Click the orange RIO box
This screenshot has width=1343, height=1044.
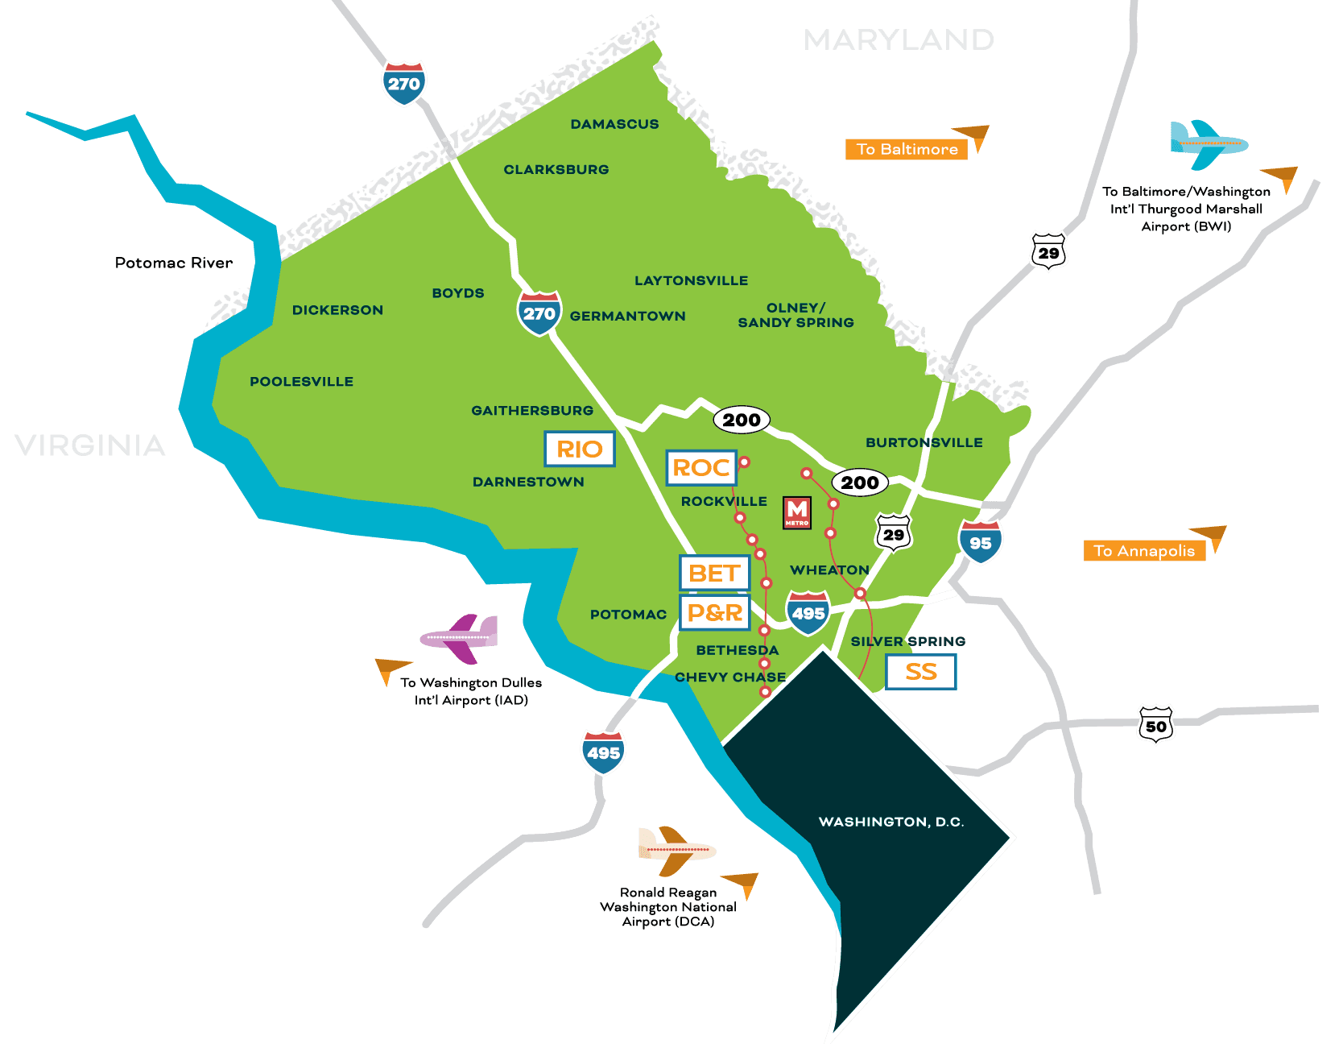(x=580, y=449)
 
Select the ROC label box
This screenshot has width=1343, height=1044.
(x=701, y=467)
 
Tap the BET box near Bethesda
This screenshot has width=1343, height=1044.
(x=714, y=573)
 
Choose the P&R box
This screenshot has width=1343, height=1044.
(x=715, y=612)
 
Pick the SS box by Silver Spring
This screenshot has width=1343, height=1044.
(x=920, y=672)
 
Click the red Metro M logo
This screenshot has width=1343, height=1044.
(x=797, y=512)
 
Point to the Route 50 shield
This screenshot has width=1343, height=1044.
(x=1155, y=725)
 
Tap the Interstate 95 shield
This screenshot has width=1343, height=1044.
(x=980, y=542)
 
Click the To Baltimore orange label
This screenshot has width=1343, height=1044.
(x=907, y=149)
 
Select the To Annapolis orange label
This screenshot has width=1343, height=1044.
(x=1144, y=551)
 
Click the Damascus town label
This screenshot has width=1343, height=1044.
(x=614, y=124)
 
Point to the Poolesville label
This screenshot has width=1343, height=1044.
(x=301, y=382)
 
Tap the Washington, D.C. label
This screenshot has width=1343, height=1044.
(x=891, y=822)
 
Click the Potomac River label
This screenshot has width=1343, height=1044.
(x=173, y=263)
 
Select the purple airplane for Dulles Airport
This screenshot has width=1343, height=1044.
(x=460, y=637)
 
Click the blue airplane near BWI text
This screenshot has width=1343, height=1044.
(x=1207, y=144)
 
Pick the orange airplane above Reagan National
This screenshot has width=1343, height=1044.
(x=676, y=850)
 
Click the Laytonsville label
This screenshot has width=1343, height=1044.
(x=691, y=280)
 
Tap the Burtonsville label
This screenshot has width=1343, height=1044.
(x=924, y=442)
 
